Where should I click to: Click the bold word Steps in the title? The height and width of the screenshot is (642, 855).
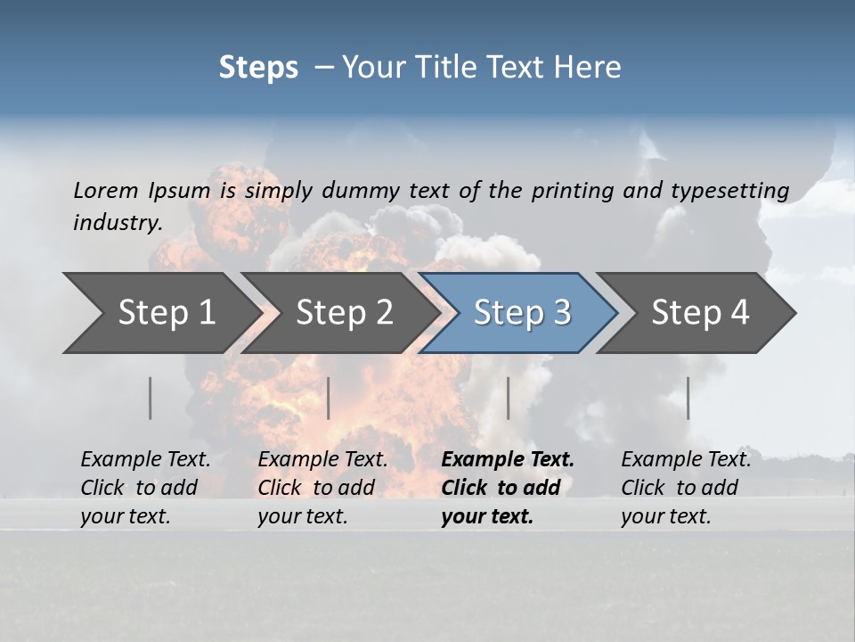click(258, 68)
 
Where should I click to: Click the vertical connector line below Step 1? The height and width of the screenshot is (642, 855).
click(151, 398)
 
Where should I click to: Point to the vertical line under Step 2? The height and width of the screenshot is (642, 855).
click(329, 398)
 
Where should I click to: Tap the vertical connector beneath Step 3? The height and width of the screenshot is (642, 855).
click(509, 398)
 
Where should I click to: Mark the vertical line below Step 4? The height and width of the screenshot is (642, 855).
click(688, 398)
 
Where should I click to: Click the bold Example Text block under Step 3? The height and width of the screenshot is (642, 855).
click(508, 488)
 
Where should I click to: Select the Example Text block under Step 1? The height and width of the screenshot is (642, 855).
click(145, 488)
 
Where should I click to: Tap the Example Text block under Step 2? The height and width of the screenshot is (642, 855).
click(322, 488)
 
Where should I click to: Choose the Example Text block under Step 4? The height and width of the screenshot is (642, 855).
click(686, 488)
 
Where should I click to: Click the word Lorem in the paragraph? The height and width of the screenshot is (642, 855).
click(106, 191)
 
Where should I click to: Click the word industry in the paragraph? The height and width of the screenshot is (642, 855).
click(117, 223)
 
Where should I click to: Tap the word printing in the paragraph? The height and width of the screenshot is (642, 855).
click(572, 191)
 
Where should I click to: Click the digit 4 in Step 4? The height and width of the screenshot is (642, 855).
click(739, 313)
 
